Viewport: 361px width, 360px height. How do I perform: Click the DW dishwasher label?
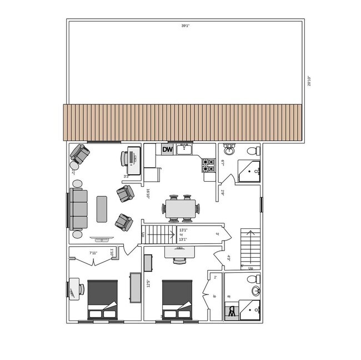(168, 149)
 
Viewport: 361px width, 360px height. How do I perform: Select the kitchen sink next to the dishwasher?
(184, 149)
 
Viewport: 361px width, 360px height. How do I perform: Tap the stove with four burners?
(208, 164)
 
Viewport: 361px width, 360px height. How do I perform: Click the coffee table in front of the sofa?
(102, 209)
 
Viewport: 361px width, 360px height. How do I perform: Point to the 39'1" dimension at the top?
(185, 26)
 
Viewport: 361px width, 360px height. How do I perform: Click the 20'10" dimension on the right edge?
(309, 81)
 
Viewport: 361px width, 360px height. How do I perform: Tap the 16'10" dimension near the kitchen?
(148, 193)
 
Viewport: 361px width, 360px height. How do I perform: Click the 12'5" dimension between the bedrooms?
(147, 284)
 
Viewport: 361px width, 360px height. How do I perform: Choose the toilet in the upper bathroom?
(252, 151)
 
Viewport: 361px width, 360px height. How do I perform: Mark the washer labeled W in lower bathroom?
(231, 312)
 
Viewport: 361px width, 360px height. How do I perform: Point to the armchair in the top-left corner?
(79, 154)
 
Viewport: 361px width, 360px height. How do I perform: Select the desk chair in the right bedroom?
(179, 259)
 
